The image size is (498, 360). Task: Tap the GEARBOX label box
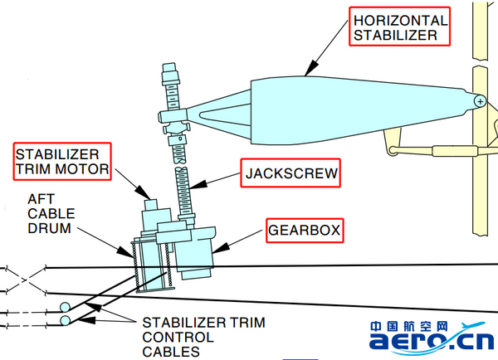[x=305, y=231]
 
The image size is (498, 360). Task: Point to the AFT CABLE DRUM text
[x=51, y=215]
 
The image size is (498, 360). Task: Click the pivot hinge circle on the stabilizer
[x=480, y=100]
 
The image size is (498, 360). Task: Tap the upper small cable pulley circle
[x=65, y=308]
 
